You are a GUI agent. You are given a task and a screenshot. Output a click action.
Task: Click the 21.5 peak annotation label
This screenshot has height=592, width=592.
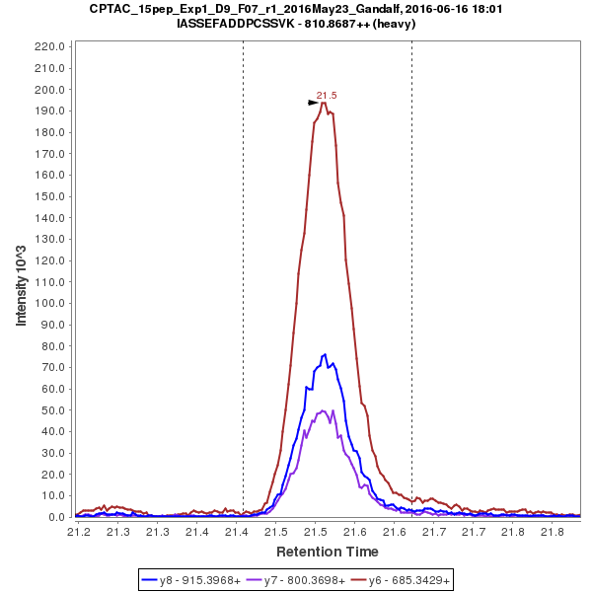point(327,96)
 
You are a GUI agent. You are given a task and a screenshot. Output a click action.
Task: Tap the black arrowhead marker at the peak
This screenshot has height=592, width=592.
point(313,102)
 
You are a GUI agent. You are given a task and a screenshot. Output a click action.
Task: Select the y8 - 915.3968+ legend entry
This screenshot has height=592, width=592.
point(192,580)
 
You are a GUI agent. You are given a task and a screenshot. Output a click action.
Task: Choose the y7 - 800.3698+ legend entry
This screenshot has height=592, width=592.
point(297,580)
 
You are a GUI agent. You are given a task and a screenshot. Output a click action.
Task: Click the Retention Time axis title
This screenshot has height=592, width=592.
point(327,551)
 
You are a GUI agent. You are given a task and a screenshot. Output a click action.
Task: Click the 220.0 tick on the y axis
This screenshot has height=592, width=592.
point(49,46)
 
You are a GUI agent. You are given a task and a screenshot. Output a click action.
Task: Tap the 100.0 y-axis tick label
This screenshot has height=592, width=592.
point(49,303)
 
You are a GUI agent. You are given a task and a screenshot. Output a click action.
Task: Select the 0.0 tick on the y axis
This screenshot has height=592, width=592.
point(56,517)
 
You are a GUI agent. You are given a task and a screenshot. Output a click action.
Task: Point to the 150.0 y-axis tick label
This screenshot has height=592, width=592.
point(49,196)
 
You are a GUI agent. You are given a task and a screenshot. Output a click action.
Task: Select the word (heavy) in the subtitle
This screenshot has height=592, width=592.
point(392,24)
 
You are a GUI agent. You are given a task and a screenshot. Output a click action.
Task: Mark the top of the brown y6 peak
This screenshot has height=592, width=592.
point(324,103)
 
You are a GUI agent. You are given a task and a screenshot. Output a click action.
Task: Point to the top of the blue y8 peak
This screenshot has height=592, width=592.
point(324,354)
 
